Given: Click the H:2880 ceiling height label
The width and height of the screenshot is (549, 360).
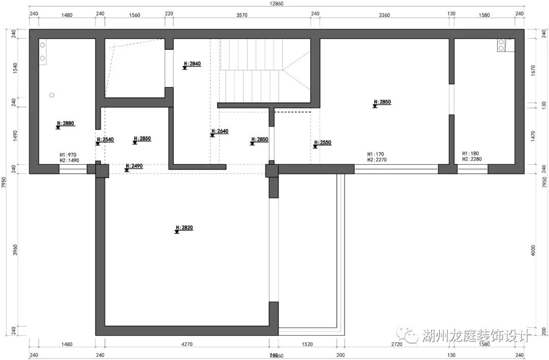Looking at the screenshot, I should click(66, 124).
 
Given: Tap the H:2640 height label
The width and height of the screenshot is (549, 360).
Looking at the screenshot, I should click(220, 132).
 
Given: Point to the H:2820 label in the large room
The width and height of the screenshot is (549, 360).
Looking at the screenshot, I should click(184, 228).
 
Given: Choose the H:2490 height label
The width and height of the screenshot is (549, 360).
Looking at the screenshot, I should click(134, 166).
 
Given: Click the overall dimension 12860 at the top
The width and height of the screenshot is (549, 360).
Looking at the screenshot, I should click(276, 4).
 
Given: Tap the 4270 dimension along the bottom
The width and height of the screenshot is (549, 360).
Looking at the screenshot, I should click(187, 345).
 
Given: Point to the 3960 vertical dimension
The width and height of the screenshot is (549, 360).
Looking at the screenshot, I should click(15, 250).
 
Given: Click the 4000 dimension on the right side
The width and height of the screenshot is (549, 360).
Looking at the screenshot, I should click(532, 250).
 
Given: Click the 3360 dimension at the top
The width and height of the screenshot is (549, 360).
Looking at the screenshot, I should click(384, 15).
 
